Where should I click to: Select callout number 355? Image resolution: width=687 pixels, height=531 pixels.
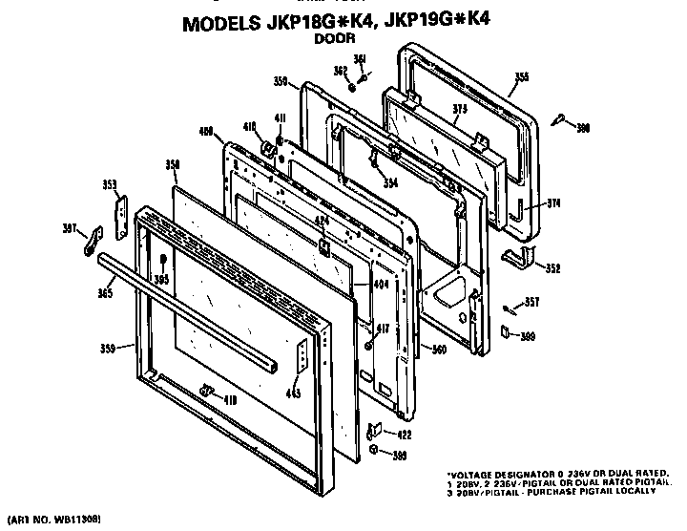tap(521, 76)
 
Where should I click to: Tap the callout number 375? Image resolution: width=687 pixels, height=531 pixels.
tap(459, 110)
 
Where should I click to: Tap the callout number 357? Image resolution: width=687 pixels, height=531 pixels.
tap(531, 303)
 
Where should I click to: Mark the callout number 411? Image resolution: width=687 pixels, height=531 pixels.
tap(281, 118)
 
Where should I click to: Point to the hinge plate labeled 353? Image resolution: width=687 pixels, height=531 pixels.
tap(121, 219)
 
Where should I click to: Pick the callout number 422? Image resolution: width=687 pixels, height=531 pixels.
tap(405, 435)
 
